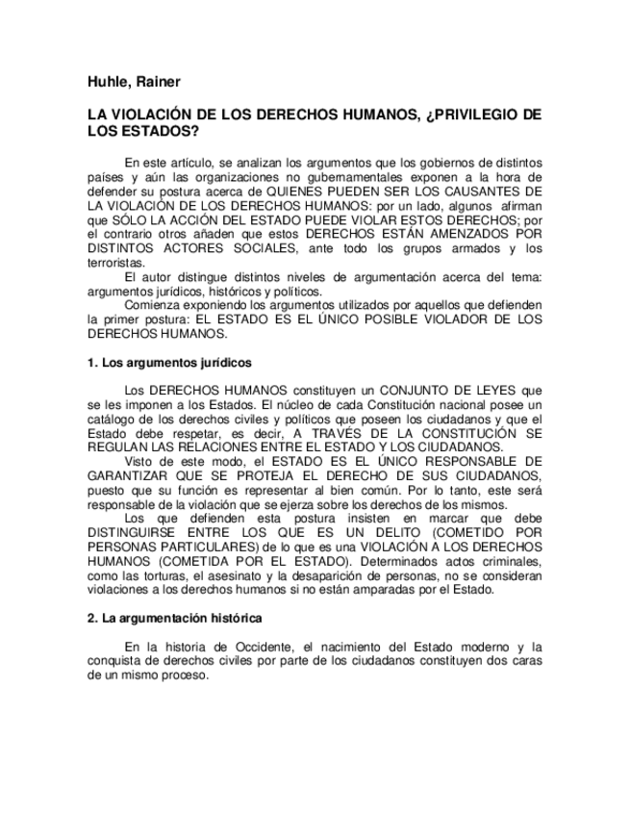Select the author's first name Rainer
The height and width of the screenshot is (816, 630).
pyautogui.click(x=159, y=81)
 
